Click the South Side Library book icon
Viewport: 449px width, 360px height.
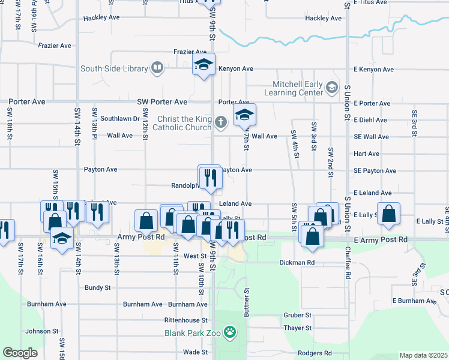pyautogui.click(x=157, y=68)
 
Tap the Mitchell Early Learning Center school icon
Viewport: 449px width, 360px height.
pyautogui.click(x=331, y=88)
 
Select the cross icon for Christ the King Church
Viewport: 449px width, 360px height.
pyautogui.click(x=221, y=123)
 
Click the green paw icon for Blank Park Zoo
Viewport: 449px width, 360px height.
pyautogui.click(x=230, y=331)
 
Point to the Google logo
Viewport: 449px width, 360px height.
pyautogui.click(x=20, y=353)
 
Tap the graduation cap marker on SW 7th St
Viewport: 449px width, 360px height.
pyautogui.click(x=244, y=115)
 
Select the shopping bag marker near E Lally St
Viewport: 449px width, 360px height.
pyautogui.click(x=389, y=213)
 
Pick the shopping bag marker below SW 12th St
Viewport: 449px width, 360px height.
pyautogui.click(x=146, y=221)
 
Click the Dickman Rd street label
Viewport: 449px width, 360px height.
pyautogui.click(x=297, y=263)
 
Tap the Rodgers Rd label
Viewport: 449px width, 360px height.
pyautogui.click(x=315, y=353)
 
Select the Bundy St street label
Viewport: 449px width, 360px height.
pyautogui.click(x=97, y=288)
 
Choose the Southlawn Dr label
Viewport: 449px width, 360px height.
pyautogui.click(x=120, y=119)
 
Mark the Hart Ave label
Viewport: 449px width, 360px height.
pyautogui.click(x=366, y=154)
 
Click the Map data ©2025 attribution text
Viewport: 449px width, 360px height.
pyautogui.click(x=423, y=355)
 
